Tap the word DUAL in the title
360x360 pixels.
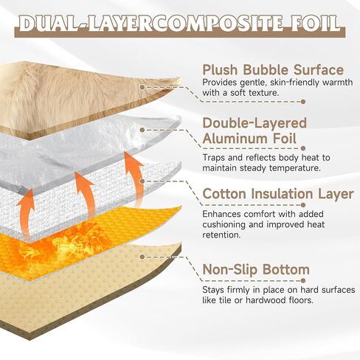pyautogui.click(x=46, y=24)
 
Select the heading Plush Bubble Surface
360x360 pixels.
pyautogui.click(x=273, y=70)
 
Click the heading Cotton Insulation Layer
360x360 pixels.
pyautogui.click(x=278, y=193)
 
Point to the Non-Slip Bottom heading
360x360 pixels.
pyautogui.click(x=256, y=269)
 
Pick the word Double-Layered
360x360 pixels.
pyautogui.click(x=255, y=123)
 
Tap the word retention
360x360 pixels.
pyautogui.click(x=218, y=235)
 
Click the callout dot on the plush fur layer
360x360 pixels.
pyautogui.click(x=142, y=87)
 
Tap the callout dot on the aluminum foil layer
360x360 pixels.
pyautogui.click(x=142, y=130)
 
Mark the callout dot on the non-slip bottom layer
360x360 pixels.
pyautogui.click(x=142, y=257)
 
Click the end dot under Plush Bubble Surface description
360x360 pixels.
pyautogui.click(x=303, y=102)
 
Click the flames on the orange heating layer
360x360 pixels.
pyautogui.click(x=61, y=249)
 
